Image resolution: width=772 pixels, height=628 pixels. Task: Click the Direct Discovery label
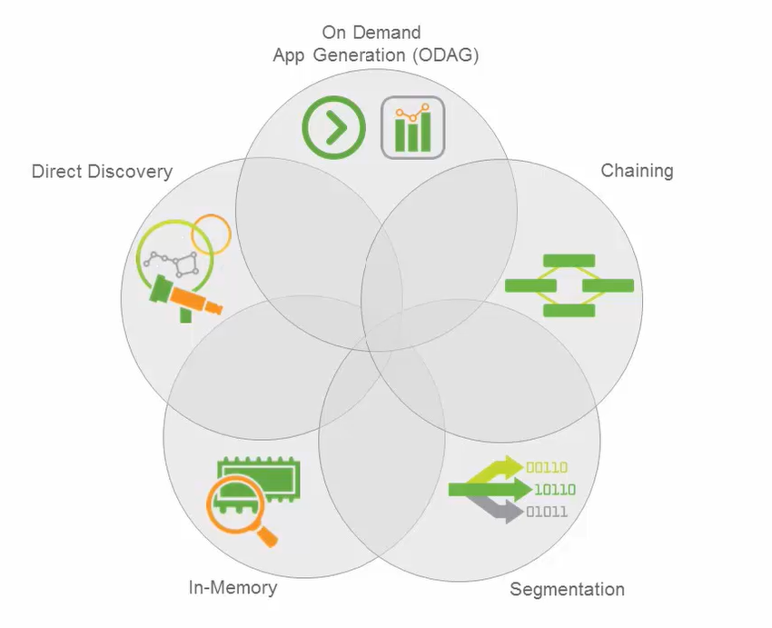pos(102,172)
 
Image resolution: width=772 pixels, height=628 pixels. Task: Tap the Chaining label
pos(637,171)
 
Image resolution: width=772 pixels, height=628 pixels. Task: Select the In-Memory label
pos(233,588)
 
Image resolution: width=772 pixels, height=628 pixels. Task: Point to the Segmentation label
pos(567,589)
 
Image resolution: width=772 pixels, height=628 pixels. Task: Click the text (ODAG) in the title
pos(446,55)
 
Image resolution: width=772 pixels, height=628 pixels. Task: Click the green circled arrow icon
pos(334,127)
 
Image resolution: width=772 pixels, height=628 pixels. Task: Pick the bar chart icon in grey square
pos(413,127)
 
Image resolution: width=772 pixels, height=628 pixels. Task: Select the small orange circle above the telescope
pos(212,234)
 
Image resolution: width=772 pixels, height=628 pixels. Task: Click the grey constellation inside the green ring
pos(172,263)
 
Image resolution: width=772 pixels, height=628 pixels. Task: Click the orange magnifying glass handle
pos(267,536)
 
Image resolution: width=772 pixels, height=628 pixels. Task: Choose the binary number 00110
pos(547,467)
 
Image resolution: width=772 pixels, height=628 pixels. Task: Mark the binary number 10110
pos(555,490)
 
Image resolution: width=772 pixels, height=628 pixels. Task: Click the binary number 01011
pos(547,512)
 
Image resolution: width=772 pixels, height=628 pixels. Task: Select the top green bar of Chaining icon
pos(569,261)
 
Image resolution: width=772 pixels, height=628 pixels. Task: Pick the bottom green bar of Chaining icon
pos(569,310)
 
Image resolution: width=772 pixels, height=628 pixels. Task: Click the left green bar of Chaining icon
pos(530,285)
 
